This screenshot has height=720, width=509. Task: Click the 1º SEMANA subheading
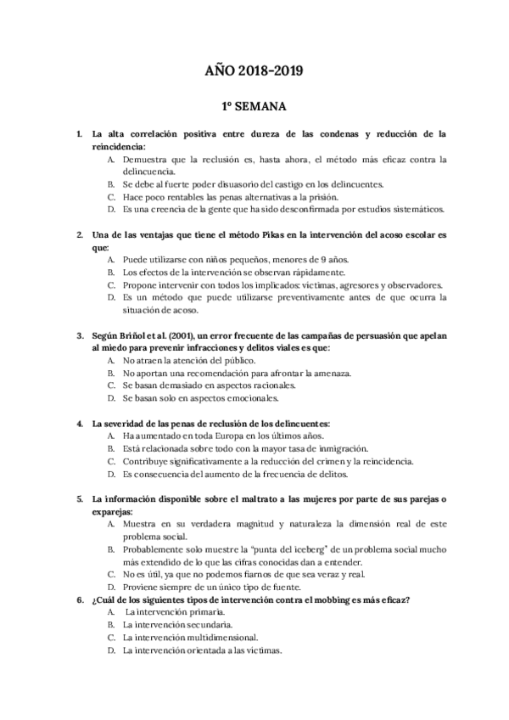click(x=254, y=108)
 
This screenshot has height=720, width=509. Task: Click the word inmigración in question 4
click(x=338, y=448)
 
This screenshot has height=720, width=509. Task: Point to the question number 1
click(x=79, y=134)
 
